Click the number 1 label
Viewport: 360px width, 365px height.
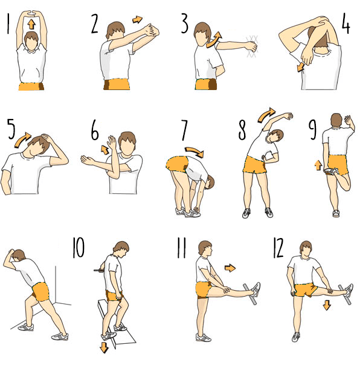pyautogui.click(x=8, y=24)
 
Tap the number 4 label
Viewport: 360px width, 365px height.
pyautogui.click(x=346, y=24)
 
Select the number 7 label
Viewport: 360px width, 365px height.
pyautogui.click(x=184, y=131)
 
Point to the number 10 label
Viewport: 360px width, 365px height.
pyautogui.click(x=78, y=247)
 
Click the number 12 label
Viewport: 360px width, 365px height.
pyautogui.click(x=278, y=248)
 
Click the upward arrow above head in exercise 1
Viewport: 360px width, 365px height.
pyautogui.click(x=31, y=24)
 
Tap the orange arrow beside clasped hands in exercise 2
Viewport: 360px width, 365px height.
pyautogui.click(x=137, y=19)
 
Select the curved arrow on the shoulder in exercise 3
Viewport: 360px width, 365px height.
pyautogui.click(x=214, y=40)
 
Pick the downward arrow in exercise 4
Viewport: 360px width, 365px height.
pyautogui.click(x=300, y=67)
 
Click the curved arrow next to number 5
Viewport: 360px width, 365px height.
pyautogui.click(x=22, y=140)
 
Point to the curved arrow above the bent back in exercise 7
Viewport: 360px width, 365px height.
pyautogui.click(x=194, y=152)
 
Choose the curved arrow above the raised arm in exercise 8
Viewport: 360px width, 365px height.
pyautogui.click(x=266, y=115)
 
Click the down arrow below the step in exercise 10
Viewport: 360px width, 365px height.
pyautogui.click(x=104, y=347)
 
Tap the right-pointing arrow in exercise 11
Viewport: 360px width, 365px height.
pyautogui.click(x=230, y=268)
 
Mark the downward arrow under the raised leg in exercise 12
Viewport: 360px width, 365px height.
pyautogui.click(x=327, y=305)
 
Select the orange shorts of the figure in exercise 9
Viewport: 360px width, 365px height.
pyautogui.click(x=338, y=164)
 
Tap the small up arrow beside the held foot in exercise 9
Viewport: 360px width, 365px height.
pyautogui.click(x=318, y=165)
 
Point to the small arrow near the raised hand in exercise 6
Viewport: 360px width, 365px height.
pyautogui.click(x=104, y=150)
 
